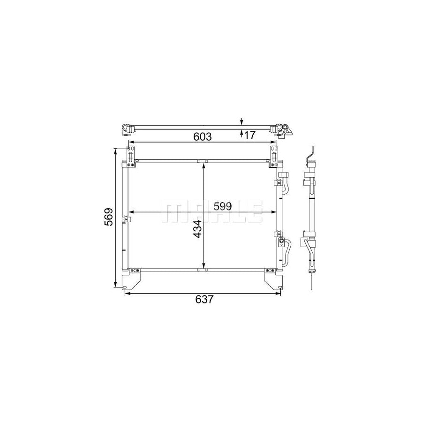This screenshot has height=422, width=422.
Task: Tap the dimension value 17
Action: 249,135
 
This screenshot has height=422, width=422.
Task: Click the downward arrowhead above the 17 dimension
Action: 241,121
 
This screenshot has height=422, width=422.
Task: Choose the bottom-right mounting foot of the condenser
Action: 273,281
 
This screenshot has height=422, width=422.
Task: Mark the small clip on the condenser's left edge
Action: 125,219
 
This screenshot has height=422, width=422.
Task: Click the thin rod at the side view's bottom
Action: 311,282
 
